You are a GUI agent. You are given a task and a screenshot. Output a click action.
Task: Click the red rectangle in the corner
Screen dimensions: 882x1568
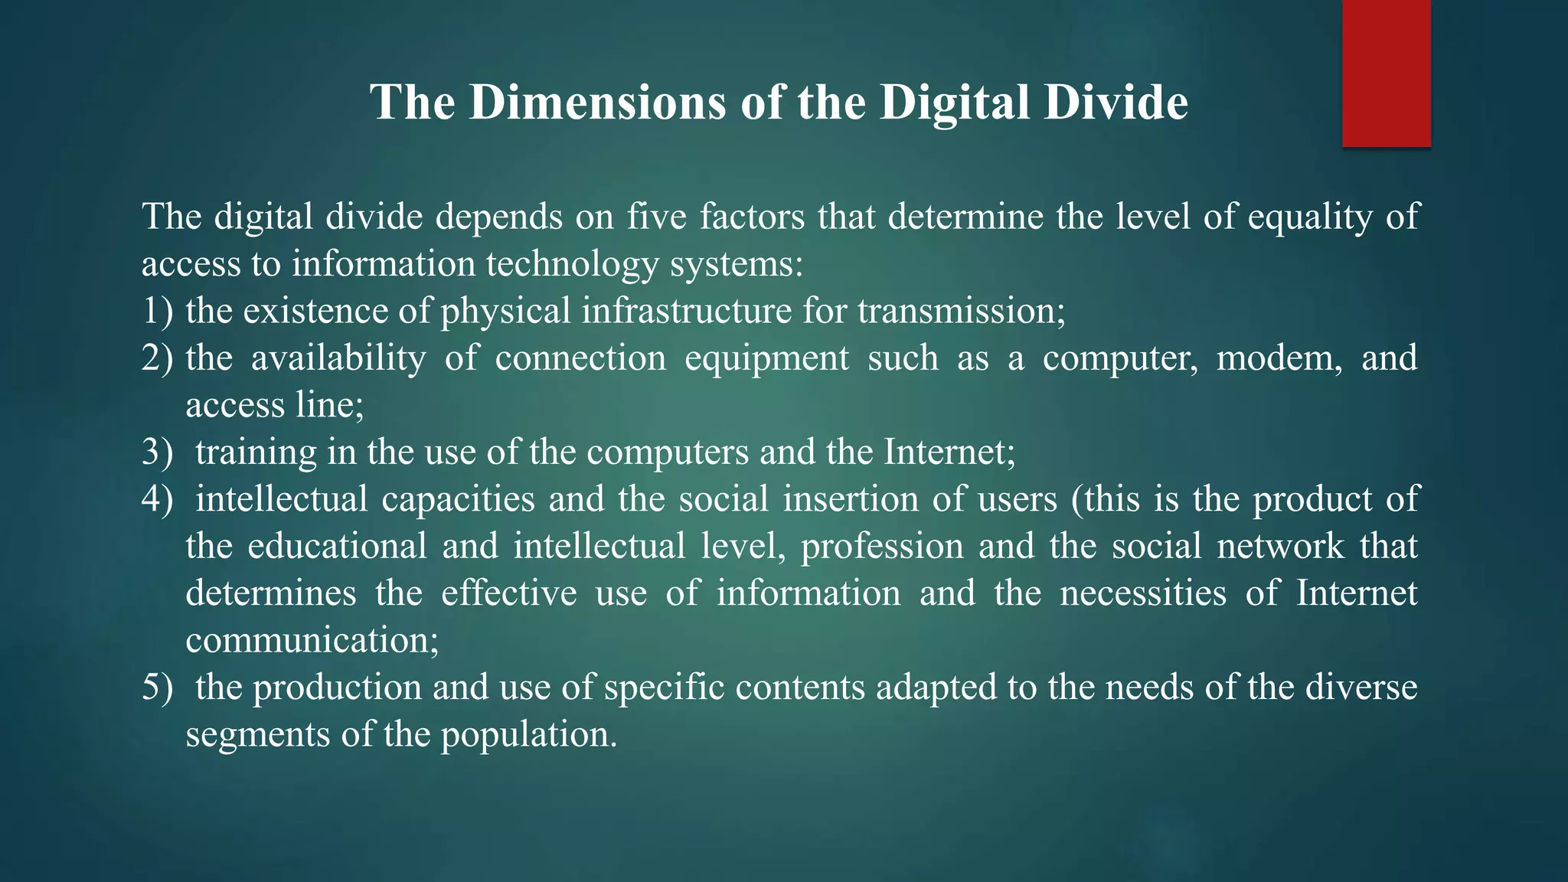[x=1386, y=73]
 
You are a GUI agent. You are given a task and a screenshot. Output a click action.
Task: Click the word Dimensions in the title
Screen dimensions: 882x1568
[x=597, y=103]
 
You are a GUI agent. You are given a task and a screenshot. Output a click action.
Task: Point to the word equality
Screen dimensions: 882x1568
[x=1310, y=217]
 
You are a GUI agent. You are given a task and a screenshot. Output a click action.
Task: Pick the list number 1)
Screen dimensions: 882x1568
[x=157, y=312]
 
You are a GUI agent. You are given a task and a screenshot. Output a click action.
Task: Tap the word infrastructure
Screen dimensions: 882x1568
[x=686, y=312]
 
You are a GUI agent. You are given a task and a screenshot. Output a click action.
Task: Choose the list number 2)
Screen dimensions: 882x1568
[x=157, y=358]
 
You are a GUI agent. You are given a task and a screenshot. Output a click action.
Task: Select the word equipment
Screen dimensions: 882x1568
[x=766, y=358]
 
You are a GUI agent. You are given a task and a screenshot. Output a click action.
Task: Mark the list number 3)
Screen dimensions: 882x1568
[x=157, y=452]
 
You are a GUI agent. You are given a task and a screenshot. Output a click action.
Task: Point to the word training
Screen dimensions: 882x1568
[x=256, y=452]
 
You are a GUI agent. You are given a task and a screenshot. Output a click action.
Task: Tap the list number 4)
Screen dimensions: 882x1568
[x=157, y=499]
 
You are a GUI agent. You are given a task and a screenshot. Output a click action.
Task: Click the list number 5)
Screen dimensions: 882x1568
[x=157, y=688]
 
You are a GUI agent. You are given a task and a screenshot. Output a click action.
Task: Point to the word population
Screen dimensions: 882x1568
[x=528, y=735]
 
